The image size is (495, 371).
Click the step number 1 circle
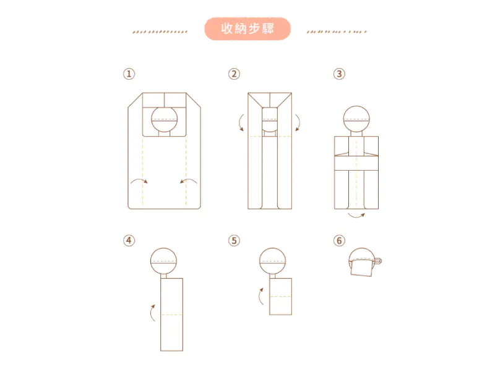click(129, 74)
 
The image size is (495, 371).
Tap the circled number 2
click(234, 74)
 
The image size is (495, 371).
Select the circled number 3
click(339, 74)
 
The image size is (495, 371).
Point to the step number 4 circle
click(129, 241)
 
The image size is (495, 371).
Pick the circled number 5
click(234, 241)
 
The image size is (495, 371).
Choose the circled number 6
click(339, 241)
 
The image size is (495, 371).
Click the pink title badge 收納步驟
click(247, 28)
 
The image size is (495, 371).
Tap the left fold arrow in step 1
click(139, 179)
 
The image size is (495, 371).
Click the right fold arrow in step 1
click(189, 179)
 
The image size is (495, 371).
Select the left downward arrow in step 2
click(239, 122)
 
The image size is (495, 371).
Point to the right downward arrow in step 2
click(299, 122)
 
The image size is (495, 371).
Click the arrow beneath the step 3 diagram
click(356, 217)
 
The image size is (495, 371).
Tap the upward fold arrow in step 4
click(151, 313)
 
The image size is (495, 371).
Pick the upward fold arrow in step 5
click(260, 297)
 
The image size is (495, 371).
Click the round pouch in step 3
click(356, 119)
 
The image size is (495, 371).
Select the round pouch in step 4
click(163, 261)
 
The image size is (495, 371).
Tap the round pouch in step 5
click(273, 261)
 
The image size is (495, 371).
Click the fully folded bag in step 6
click(364, 262)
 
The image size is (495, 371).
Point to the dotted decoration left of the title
click(160, 32)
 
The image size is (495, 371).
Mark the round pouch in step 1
click(164, 119)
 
